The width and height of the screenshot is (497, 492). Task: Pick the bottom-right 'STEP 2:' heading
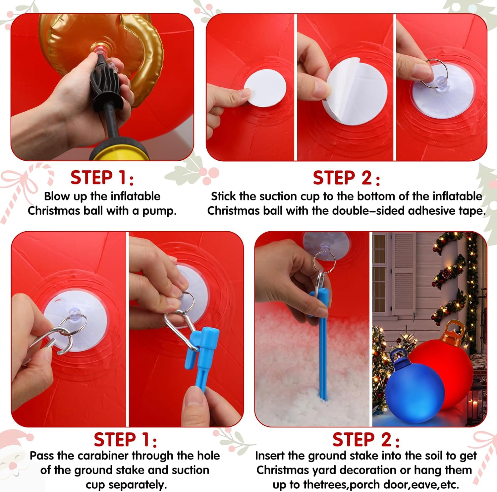pyautogui.click(x=366, y=440)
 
